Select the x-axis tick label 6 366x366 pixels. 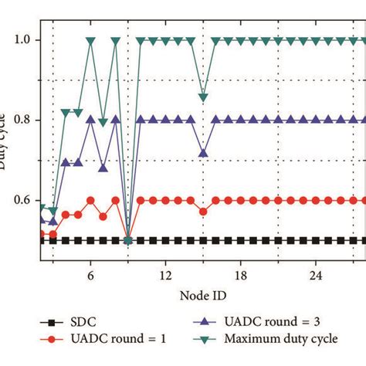pos(90,274)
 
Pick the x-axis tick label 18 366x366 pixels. pos(240,274)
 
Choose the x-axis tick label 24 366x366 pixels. pos(315,274)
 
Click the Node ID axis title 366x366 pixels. pos(202,295)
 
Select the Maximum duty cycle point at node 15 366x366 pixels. pos(203,97)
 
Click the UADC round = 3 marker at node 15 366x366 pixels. pos(203,153)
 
